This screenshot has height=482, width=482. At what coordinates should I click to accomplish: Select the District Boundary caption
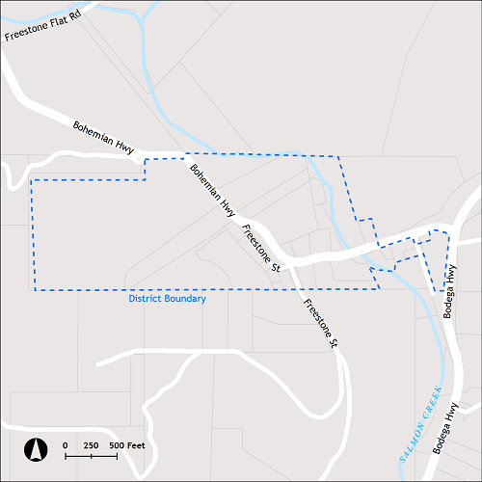tap(168, 299)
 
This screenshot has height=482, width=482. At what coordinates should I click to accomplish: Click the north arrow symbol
tap(36, 448)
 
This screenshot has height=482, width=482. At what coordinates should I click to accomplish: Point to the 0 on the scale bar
tap(66, 444)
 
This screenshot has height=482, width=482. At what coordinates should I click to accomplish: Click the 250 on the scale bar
tap(91, 444)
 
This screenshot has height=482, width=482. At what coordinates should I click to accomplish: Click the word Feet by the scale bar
tap(136, 444)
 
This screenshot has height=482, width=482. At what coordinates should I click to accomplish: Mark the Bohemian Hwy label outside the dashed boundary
tap(104, 137)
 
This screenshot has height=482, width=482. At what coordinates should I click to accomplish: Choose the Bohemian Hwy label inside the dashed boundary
tap(212, 188)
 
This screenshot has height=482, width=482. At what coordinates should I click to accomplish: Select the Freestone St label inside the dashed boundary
tap(260, 248)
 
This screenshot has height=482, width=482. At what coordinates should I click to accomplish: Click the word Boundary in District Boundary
tap(184, 299)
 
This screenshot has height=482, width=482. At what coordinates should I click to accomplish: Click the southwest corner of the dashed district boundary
tap(35, 289)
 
